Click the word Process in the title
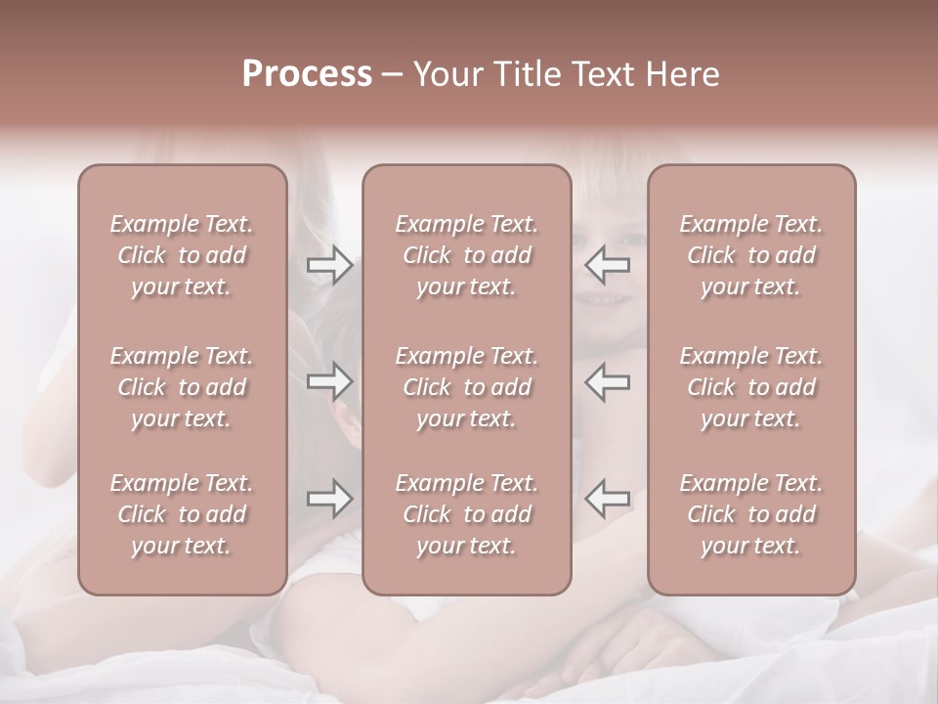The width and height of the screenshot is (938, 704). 307,74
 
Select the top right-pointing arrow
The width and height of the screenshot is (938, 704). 329,265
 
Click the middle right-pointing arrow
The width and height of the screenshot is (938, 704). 329,381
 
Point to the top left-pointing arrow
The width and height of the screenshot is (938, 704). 608,265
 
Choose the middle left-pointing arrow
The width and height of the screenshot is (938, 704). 608,381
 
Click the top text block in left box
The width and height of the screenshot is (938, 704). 182,255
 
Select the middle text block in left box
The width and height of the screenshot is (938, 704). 182,387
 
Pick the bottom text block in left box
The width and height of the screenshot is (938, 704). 182,514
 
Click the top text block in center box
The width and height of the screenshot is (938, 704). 467,255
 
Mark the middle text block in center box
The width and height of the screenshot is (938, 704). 467,387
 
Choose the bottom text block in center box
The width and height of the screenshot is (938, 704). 467,514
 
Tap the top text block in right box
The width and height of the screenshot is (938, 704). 751,255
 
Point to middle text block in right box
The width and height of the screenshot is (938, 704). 751,387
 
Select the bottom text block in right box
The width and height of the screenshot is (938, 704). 751,514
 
